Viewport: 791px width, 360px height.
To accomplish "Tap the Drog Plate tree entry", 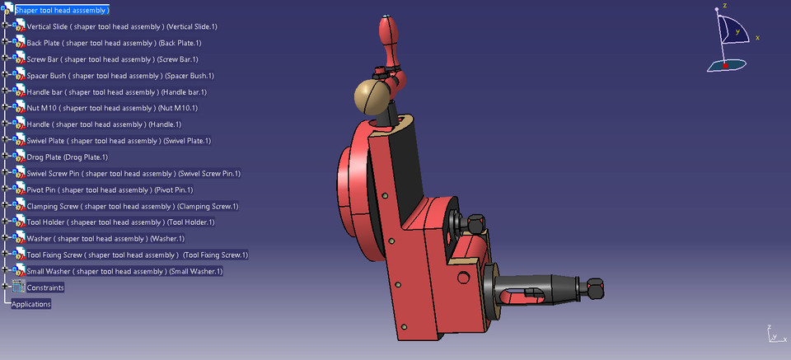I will (68, 157).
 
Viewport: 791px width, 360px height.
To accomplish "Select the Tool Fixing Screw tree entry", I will (137, 255).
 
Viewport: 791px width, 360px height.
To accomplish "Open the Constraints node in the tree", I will (45, 288).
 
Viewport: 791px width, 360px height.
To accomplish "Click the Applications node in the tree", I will (31, 304).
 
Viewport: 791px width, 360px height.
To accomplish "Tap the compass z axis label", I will (724, 5).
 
